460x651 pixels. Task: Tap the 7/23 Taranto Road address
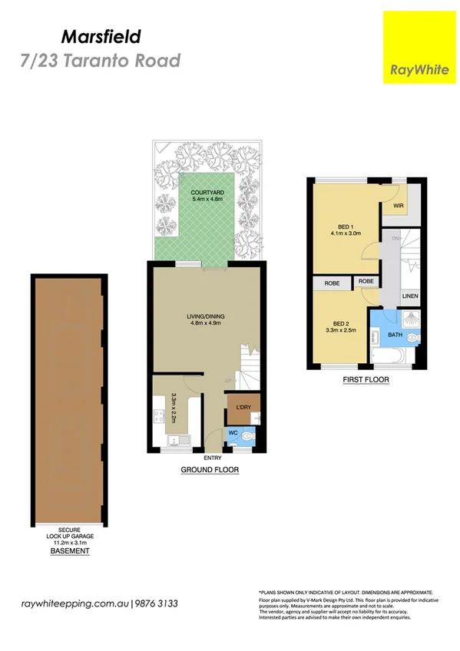coord(100,61)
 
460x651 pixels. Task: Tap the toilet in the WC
coord(247,435)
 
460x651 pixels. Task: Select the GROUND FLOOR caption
coord(210,470)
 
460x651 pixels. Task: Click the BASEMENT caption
coord(70,551)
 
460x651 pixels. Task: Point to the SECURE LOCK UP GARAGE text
coord(70,533)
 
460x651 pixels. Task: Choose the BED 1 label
coord(346,227)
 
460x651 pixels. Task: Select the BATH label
coord(395,335)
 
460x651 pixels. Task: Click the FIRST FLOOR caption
coord(365,380)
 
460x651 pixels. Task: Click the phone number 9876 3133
coord(158,604)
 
